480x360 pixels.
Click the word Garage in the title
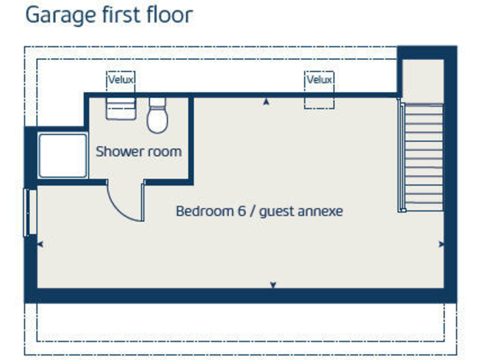pyautogui.click(x=56, y=15)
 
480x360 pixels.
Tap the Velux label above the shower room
pyautogui.click(x=121, y=80)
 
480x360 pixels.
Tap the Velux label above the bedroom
pyautogui.click(x=319, y=80)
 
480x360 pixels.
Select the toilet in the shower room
pyautogui.click(x=157, y=116)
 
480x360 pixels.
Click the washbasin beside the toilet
pyautogui.click(x=121, y=107)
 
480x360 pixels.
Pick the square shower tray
pyautogui.click(x=62, y=155)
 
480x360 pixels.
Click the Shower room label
pyautogui.click(x=138, y=151)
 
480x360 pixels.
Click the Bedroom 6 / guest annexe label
pyautogui.click(x=259, y=211)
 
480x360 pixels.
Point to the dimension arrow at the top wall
pyautogui.click(x=266, y=101)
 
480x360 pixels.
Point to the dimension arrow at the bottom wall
pyautogui.click(x=273, y=285)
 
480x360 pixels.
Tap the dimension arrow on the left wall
pyautogui.click(x=41, y=244)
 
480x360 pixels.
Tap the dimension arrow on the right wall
pyautogui.click(x=442, y=244)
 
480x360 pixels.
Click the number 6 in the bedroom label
pyautogui.click(x=241, y=211)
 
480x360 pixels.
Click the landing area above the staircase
pyautogui.click(x=422, y=81)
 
